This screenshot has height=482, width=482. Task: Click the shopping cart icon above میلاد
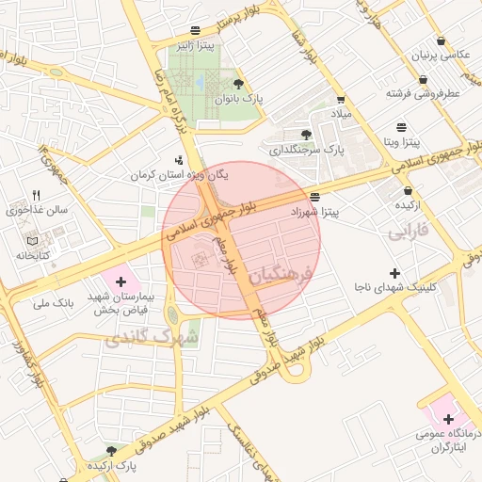(x=341, y=100)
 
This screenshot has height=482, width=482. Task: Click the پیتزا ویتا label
(x=403, y=142)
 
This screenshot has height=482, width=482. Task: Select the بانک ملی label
(x=53, y=303)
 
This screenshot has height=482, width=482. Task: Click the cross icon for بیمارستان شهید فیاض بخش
(x=120, y=281)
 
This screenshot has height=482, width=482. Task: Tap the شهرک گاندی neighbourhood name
(x=155, y=336)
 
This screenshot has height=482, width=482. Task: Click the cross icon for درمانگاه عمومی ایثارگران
(x=447, y=419)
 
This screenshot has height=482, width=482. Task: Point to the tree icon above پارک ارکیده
(x=112, y=452)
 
